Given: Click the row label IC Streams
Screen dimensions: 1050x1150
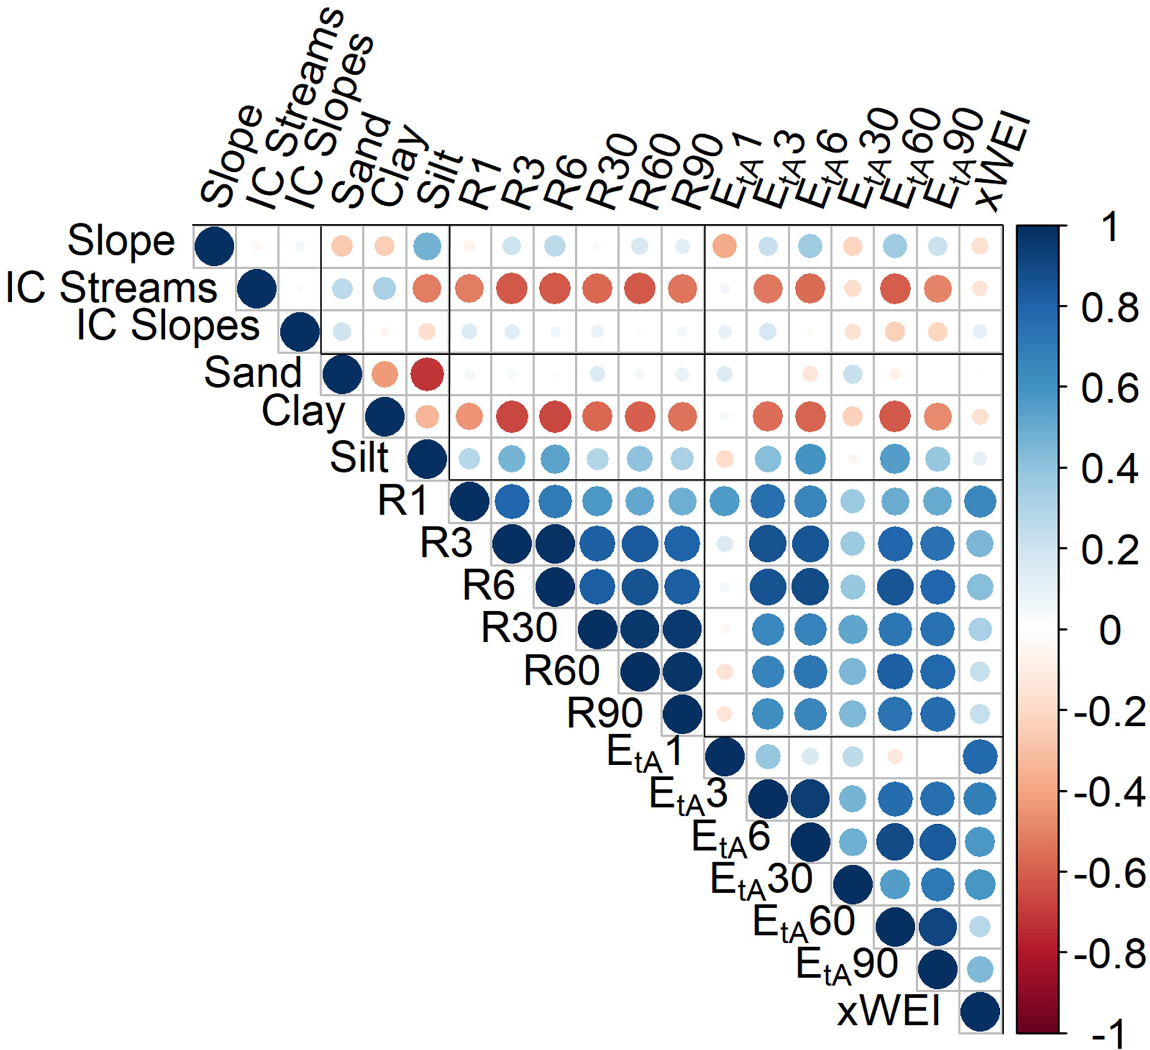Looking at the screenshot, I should [112, 288].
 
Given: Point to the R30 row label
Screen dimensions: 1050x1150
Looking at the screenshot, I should [519, 628].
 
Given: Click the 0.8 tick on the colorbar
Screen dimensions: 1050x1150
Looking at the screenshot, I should [1109, 308].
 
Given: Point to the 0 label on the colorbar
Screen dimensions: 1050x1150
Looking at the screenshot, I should [1109, 631].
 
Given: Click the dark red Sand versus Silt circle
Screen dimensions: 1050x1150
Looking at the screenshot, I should [427, 374].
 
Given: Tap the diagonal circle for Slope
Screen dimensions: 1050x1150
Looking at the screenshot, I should [214, 246].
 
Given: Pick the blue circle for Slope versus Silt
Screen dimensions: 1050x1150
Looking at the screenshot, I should [427, 246].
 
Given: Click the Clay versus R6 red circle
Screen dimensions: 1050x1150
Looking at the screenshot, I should [555, 417].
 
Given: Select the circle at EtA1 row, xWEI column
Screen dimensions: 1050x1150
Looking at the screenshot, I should [980, 757].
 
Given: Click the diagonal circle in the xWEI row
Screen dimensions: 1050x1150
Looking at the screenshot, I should [980, 1012].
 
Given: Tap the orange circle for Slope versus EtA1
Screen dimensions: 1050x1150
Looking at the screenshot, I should [724, 246].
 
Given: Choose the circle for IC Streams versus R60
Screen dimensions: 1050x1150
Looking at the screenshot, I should [639, 289].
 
